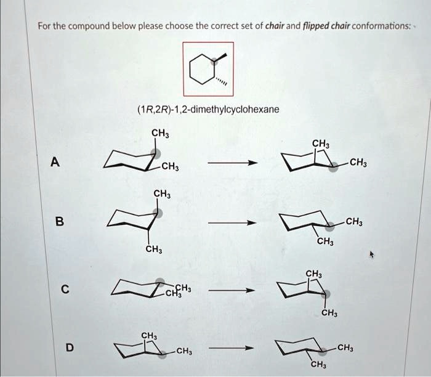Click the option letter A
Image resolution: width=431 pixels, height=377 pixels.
click(x=55, y=163)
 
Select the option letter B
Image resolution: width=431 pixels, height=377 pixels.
click(x=59, y=222)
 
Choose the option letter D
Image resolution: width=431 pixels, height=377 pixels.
click(x=70, y=348)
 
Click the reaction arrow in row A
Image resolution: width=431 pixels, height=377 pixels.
click(x=232, y=164)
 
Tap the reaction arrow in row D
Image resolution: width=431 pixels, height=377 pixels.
click(x=232, y=349)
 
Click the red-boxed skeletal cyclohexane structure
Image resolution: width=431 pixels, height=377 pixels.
click(x=207, y=68)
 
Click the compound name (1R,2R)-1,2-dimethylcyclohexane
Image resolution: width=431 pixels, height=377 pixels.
click(x=207, y=110)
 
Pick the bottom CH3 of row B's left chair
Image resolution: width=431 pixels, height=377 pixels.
click(x=153, y=249)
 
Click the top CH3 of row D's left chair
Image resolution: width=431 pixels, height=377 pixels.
click(x=148, y=335)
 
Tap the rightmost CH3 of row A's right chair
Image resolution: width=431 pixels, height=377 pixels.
click(x=358, y=163)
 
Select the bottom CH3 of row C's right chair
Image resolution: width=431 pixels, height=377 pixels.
click(x=329, y=314)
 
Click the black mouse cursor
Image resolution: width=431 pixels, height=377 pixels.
click(x=372, y=253)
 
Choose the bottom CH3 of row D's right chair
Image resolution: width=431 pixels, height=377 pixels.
click(x=318, y=366)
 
